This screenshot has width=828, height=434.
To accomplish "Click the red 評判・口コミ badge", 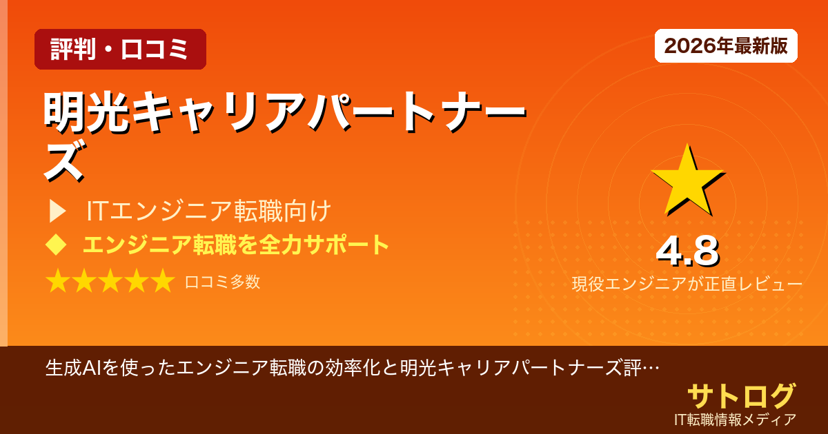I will coord(120,50).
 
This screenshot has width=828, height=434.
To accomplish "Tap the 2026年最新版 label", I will coord(726,46).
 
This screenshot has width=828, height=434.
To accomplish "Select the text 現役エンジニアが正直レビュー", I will coord(687,284).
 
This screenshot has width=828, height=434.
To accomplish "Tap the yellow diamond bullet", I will coord(55,245).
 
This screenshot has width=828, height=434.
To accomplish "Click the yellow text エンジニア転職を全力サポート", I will coord(236,245).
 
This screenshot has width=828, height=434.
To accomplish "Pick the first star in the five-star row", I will coord(58,282).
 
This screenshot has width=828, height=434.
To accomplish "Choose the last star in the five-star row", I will coord(162,282).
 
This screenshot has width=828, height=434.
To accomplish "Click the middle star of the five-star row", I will coord(110,282).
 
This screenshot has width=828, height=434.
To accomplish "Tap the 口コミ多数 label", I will coord(222,282).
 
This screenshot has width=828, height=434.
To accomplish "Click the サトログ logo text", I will coord(741,395).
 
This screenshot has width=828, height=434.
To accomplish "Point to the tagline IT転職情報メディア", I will coord(736,419).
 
